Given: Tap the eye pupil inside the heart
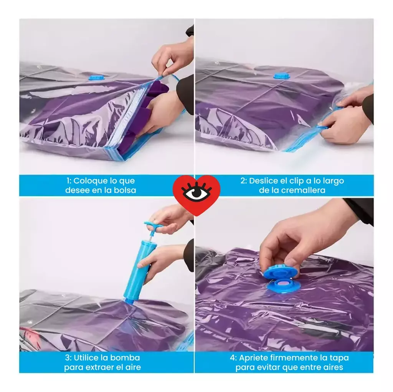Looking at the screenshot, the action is (x=197, y=193).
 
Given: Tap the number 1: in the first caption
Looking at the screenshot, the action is (x=69, y=181).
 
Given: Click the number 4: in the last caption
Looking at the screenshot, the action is (x=233, y=358).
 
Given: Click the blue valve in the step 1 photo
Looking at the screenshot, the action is (x=96, y=78).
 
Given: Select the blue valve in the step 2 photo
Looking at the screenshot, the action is (x=281, y=76).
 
